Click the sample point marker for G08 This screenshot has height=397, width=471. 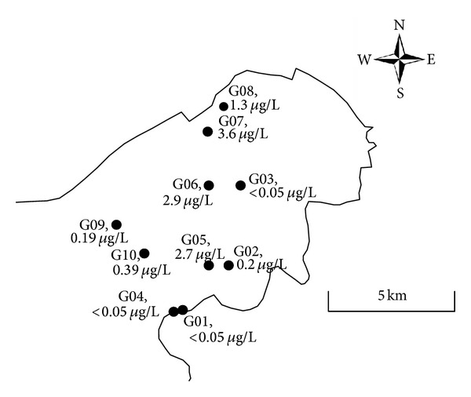pyautogui.click(x=224, y=107)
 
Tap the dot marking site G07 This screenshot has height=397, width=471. pyautogui.click(x=207, y=131)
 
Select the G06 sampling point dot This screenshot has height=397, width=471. pyautogui.click(x=209, y=185)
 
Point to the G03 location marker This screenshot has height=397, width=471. pyautogui.click(x=240, y=185)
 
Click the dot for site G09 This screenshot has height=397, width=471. pyautogui.click(x=116, y=224)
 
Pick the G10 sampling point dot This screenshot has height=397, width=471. pyautogui.click(x=144, y=253)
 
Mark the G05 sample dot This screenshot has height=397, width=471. pyautogui.click(x=209, y=265)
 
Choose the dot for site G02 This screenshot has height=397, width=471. pyautogui.click(x=228, y=265)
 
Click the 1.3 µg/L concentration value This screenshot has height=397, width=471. pyautogui.click(x=255, y=107)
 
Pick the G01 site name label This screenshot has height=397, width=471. pyautogui.click(x=196, y=322)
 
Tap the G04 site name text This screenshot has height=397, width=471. pyautogui.click(x=132, y=296)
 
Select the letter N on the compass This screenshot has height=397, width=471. pyautogui.click(x=400, y=24)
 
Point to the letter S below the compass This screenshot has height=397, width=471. pyautogui.click(x=400, y=93)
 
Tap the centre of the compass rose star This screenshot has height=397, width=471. pyautogui.click(x=400, y=59)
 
